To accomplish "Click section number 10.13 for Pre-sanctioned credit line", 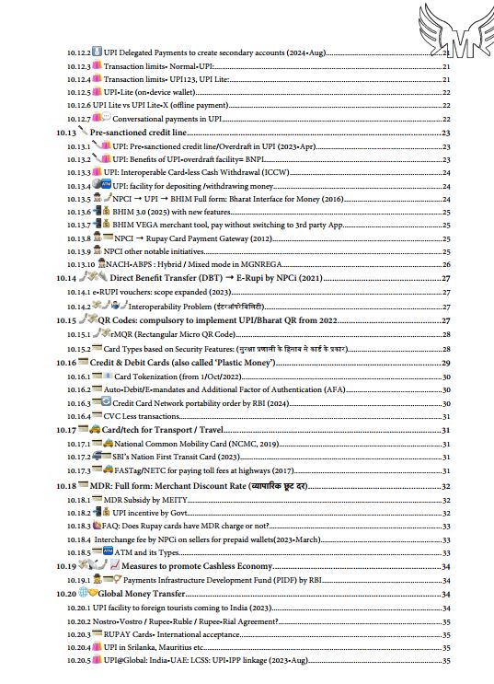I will [64, 133].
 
